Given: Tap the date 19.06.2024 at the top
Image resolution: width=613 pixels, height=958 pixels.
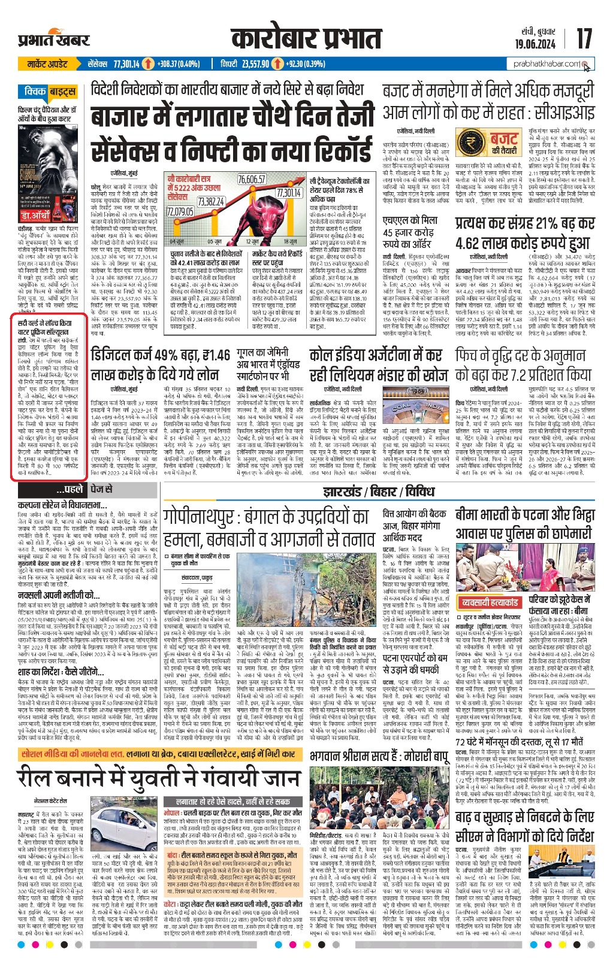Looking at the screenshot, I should pyautogui.click(x=535, y=44).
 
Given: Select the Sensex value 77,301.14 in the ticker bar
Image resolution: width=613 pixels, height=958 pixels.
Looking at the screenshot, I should pyautogui.click(x=126, y=63).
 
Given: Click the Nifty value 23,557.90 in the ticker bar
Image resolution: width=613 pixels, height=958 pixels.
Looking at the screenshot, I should pyautogui.click(x=254, y=63).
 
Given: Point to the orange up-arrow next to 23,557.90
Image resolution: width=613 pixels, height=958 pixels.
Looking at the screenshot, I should pyautogui.click(x=277, y=63).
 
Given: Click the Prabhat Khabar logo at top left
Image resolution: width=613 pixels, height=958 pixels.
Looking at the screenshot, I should pyautogui.click(x=53, y=40).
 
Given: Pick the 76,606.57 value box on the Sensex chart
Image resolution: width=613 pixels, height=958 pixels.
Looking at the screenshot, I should pyautogui.click(x=251, y=180).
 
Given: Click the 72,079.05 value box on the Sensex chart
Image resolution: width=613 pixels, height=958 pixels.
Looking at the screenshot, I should pyautogui.click(x=180, y=211).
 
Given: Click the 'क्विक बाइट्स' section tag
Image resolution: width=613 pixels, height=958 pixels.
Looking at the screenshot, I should pyautogui.click(x=50, y=92).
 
